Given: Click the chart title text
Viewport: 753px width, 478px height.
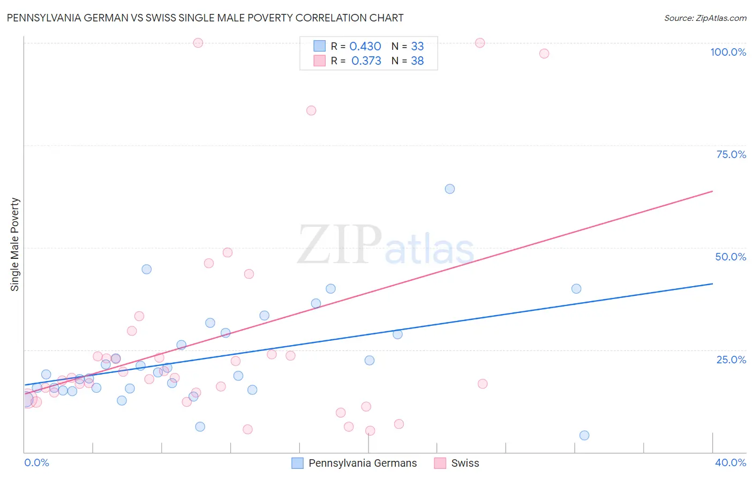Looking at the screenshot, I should [205, 18].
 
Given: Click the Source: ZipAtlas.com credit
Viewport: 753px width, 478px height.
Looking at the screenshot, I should [705, 18].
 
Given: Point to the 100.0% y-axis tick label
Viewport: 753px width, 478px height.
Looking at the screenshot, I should [728, 52].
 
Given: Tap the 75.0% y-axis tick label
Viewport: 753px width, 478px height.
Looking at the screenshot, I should [731, 154].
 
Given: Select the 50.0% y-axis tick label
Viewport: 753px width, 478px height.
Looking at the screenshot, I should [731, 257].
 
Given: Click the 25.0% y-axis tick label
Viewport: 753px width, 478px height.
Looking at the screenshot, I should [731, 360].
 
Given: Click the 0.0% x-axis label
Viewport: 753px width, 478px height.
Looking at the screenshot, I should [36, 462].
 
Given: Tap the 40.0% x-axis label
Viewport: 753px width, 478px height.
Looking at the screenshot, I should [731, 462].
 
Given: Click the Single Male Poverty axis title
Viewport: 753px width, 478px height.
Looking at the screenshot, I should [15, 244].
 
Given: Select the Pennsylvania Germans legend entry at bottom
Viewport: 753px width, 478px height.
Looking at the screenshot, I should [363, 463].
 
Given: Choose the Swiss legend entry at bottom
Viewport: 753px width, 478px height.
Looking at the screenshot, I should [465, 463].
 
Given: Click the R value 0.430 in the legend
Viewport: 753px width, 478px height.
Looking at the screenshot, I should [365, 47].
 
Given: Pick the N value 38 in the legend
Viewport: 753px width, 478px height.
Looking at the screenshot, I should [417, 61].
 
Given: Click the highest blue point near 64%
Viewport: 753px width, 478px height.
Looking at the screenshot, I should [450, 189].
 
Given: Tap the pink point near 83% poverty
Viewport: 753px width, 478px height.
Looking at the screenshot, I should [311, 110].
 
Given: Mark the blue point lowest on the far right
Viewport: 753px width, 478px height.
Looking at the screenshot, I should [584, 435].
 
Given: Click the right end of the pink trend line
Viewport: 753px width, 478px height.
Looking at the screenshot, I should [712, 191].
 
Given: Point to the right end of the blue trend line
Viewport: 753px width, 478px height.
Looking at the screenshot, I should [712, 283].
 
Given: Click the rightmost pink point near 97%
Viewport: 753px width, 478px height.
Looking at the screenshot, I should [544, 54].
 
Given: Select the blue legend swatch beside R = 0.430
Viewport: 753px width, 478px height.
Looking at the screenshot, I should [320, 46].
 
